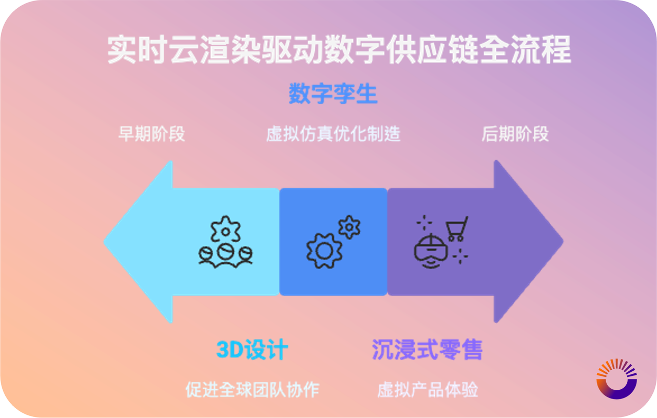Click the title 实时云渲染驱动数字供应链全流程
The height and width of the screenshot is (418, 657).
(339, 50)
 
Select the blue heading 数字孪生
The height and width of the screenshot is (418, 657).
(333, 94)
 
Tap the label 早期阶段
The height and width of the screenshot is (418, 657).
(151, 135)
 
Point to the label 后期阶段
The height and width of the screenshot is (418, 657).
(515, 135)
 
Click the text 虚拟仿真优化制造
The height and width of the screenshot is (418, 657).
(333, 135)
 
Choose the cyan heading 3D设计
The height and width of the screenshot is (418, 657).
(252, 350)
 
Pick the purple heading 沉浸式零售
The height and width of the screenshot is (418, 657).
(427, 350)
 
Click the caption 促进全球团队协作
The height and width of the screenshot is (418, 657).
(252, 390)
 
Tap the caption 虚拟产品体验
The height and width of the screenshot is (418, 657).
(428, 390)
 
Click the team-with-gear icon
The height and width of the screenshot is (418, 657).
(225, 242)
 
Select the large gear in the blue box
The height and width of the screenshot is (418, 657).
(324, 250)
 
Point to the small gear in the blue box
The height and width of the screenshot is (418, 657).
(350, 227)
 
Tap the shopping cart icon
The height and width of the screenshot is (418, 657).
(456, 229)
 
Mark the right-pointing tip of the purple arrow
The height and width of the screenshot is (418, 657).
(562, 241)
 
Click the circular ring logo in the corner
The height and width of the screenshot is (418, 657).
(616, 379)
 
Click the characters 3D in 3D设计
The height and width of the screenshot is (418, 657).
(229, 350)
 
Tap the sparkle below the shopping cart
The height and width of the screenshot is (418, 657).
(460, 255)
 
